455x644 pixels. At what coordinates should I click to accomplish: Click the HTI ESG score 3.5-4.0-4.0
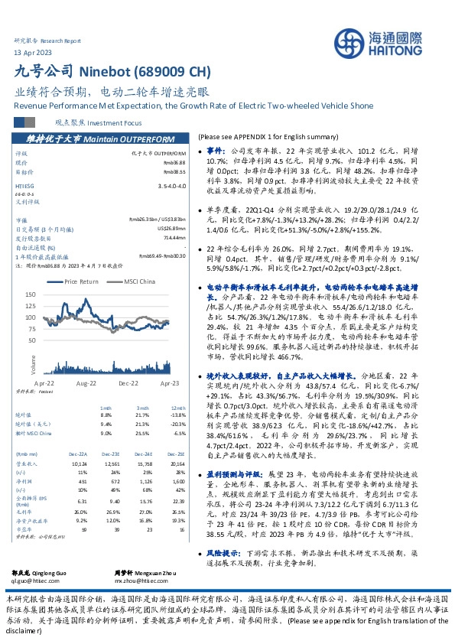point(171,186)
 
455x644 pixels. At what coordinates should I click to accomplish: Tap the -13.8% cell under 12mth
point(177,415)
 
